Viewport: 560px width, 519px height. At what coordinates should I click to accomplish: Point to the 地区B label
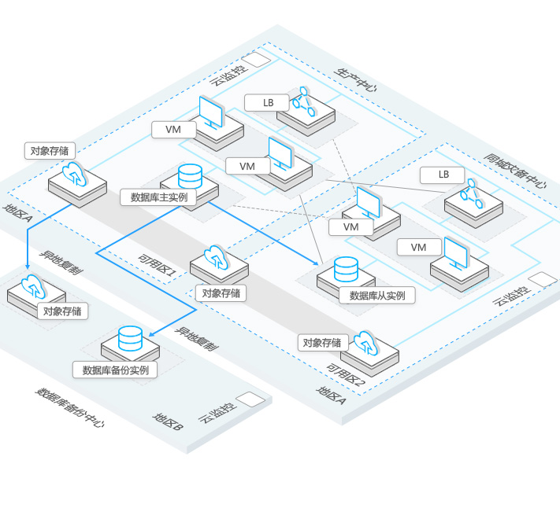point(169,422)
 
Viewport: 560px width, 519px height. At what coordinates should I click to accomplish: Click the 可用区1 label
point(157,265)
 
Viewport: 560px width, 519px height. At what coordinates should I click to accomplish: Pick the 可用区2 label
point(347,376)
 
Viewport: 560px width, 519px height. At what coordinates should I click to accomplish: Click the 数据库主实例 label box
point(158,197)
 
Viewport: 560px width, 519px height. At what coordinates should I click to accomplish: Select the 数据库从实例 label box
point(376,295)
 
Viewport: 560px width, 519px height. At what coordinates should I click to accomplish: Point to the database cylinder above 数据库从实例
point(346,270)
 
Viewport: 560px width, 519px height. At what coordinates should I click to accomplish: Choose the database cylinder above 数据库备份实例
point(130,338)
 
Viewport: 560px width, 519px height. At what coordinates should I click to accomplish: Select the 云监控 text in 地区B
point(216,411)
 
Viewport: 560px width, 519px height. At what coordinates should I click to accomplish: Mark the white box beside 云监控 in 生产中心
point(254,61)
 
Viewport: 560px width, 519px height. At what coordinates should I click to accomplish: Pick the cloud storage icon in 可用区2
point(366,343)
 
